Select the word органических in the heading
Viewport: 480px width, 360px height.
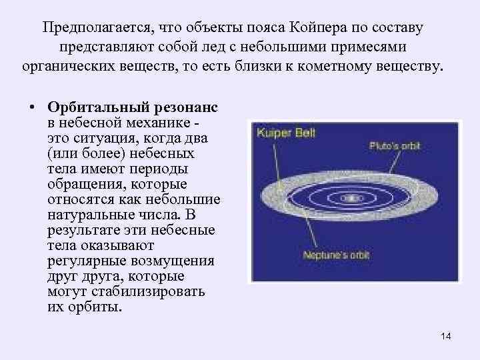64,67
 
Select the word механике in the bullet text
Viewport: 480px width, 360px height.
162,123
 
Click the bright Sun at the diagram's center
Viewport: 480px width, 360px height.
350,198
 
